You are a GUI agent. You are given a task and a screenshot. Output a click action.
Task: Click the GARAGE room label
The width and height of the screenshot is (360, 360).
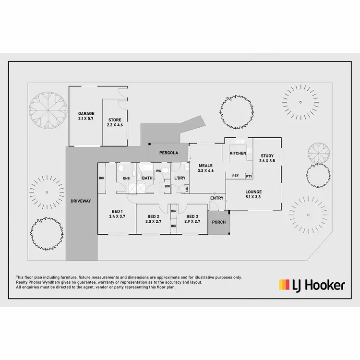[86, 114]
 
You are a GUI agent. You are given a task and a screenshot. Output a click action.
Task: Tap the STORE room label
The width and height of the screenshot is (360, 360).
[114, 120]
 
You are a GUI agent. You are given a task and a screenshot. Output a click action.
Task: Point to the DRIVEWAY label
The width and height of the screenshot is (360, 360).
[81, 201]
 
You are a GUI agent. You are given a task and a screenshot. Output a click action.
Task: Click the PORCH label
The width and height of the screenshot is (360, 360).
[219, 222]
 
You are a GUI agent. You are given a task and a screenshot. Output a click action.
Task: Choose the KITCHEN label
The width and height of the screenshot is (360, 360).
[238, 153]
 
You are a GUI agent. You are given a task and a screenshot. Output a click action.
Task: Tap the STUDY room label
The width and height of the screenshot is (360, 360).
[267, 156]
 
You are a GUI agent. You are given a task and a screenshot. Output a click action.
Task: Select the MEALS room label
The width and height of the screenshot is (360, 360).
[205, 166]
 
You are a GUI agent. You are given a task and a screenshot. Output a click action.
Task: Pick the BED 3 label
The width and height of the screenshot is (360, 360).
[193, 216]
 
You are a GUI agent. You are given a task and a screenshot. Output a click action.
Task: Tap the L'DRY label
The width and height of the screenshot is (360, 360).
[180, 178]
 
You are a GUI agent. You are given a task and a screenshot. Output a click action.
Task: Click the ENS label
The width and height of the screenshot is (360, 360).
[126, 179]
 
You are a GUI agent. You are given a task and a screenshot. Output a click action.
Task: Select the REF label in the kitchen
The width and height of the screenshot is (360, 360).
[235, 176]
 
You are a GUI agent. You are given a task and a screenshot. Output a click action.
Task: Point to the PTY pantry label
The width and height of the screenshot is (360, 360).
[249, 176]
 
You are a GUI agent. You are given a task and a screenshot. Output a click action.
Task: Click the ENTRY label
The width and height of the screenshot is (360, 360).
[216, 198]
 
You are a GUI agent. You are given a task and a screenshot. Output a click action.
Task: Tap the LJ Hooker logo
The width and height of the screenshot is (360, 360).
[312, 285]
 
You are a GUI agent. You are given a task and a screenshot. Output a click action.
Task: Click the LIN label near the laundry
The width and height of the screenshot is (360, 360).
[187, 189]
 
